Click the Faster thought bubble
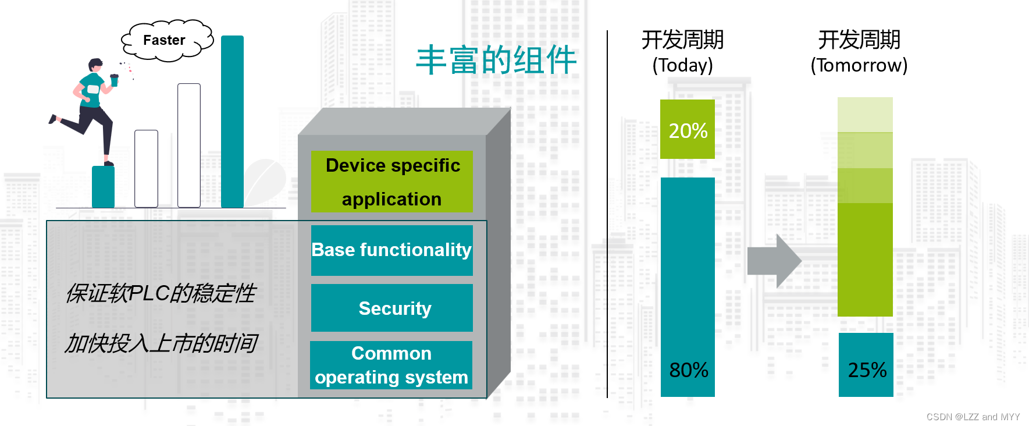tap(165, 40)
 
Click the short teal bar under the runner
tap(103, 187)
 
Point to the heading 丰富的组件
tap(496, 60)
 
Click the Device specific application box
tap(392, 182)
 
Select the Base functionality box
tap(392, 250)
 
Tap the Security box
tap(392, 308)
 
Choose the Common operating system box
tap(391, 365)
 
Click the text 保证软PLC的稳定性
tap(161, 293)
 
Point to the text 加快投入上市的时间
tap(161, 343)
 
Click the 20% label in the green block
tap(688, 130)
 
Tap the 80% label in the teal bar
tap(688, 370)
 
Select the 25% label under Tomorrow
tap(866, 370)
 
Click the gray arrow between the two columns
tap(774, 261)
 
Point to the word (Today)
tap(682, 65)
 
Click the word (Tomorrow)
tap(859, 65)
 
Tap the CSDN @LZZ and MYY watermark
tap(973, 417)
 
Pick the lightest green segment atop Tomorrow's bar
tap(865, 115)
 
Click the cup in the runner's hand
tap(115, 80)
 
